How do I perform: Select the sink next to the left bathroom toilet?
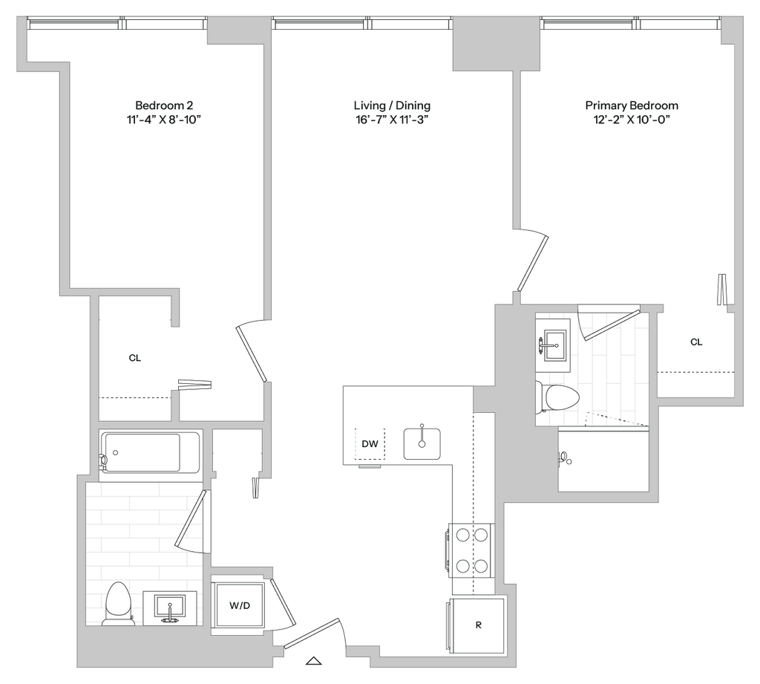pyautogui.click(x=171, y=608)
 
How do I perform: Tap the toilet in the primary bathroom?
pyautogui.click(x=557, y=397)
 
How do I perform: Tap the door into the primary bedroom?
pyautogui.click(x=533, y=263)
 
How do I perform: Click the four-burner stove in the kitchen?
pyautogui.click(x=470, y=550)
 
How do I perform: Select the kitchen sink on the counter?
pyautogui.click(x=422, y=443)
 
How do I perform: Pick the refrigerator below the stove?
pyautogui.click(x=478, y=625)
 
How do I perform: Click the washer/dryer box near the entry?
pyautogui.click(x=237, y=605)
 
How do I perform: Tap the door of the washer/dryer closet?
pyautogui.click(x=282, y=602)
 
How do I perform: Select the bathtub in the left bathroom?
pyautogui.click(x=151, y=451)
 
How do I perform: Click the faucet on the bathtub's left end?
pyautogui.click(x=104, y=460)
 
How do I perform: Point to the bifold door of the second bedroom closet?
pyautogui.click(x=195, y=384)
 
